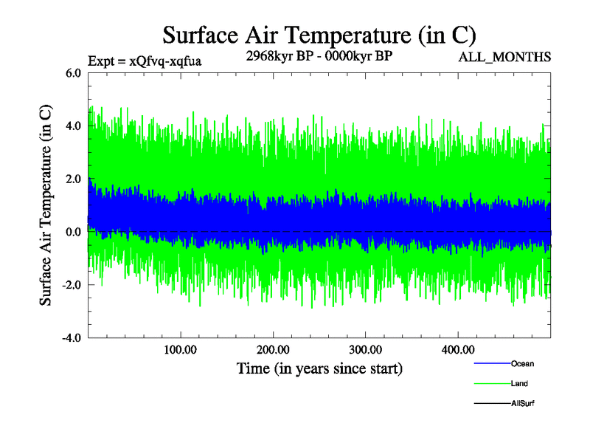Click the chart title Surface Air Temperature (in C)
tap(319, 35)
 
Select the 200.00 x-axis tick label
tap(273, 349)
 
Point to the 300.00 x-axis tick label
tap(365, 349)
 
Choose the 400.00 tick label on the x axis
tap(458, 349)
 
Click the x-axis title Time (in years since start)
tap(319, 368)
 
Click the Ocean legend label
tap(522, 364)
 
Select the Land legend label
tap(519, 384)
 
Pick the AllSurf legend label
tap(522, 403)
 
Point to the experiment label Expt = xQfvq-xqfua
tap(145, 61)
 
